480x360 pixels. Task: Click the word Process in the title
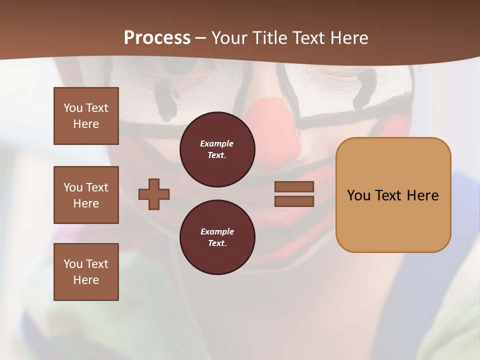(157, 38)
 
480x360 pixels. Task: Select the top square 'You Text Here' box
(86, 116)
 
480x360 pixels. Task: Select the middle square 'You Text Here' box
(86, 195)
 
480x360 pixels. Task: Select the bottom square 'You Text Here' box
(86, 272)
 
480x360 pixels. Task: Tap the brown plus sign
(154, 194)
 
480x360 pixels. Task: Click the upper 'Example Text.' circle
(217, 149)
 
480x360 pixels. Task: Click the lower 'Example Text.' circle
(217, 237)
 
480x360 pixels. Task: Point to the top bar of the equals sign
(294, 186)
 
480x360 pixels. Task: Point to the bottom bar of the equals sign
(294, 201)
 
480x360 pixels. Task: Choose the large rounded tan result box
(393, 195)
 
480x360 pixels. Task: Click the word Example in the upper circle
(217, 143)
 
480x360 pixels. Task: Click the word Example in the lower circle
(217, 231)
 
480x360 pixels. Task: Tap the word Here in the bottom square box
(86, 280)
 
